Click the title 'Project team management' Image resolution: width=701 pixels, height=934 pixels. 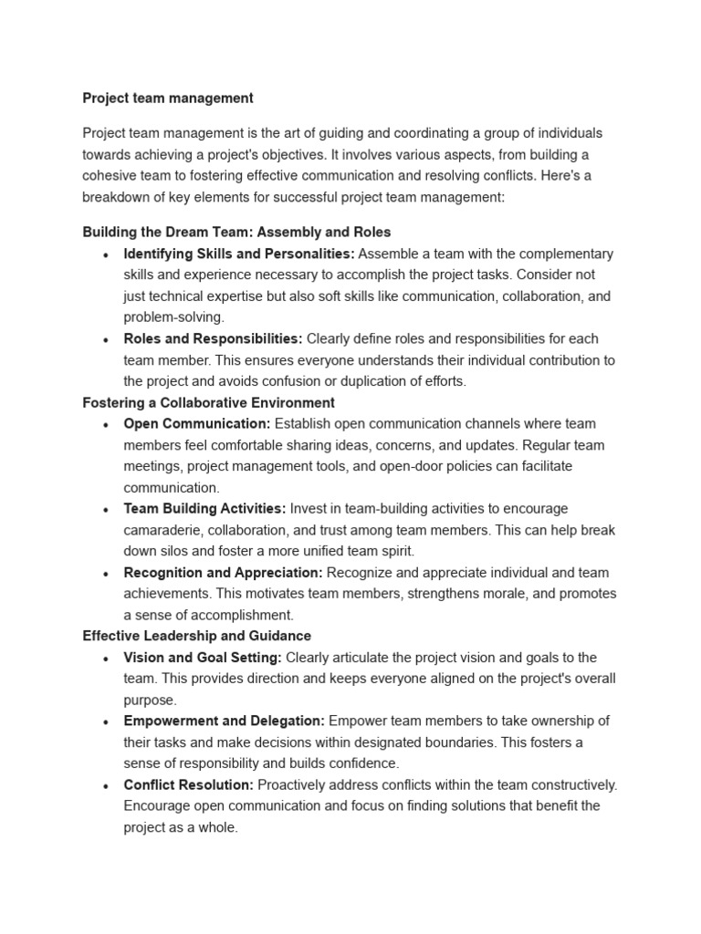pyautogui.click(x=168, y=98)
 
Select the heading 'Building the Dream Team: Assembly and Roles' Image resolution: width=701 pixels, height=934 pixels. pyautogui.click(x=236, y=233)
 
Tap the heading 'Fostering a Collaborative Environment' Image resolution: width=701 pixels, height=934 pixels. pyautogui.click(x=208, y=402)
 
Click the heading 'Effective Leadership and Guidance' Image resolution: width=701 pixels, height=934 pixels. pyautogui.click(x=196, y=636)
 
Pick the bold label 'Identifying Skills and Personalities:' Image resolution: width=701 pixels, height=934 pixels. pyautogui.click(x=239, y=254)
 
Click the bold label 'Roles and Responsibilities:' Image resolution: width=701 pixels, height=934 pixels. pyautogui.click(x=213, y=338)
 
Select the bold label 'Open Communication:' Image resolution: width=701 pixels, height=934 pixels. pyautogui.click(x=197, y=423)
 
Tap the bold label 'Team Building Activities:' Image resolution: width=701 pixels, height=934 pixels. pyautogui.click(x=204, y=508)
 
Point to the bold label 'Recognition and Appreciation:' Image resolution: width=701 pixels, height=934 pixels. pyautogui.click(x=223, y=573)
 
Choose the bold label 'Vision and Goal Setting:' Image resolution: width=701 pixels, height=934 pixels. pyautogui.click(x=203, y=657)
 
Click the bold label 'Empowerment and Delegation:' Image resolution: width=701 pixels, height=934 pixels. pyautogui.click(x=225, y=721)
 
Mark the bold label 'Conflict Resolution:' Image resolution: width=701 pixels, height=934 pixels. pyautogui.click(x=189, y=784)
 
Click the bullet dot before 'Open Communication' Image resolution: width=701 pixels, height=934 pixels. pyautogui.click(x=107, y=424)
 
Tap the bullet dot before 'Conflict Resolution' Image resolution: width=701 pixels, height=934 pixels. pyautogui.click(x=107, y=785)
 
